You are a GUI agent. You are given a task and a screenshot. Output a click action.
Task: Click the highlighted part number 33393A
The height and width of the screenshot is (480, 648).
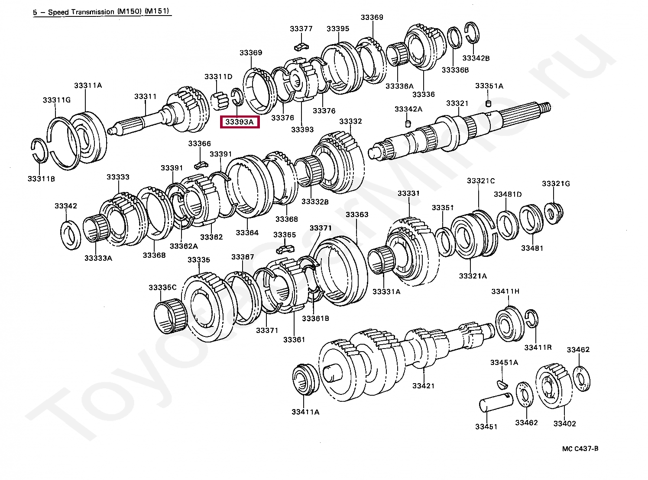240,122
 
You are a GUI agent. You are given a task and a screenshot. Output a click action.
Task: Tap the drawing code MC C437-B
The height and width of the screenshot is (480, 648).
580,448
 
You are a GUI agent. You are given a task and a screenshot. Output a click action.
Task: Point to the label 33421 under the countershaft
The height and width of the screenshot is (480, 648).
423,386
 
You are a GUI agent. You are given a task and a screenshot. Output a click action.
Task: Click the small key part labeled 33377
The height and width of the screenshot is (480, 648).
301,45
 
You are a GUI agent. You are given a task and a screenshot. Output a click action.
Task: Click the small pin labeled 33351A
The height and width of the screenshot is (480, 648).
488,103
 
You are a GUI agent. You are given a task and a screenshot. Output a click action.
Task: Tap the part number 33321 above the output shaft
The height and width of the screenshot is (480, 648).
457,103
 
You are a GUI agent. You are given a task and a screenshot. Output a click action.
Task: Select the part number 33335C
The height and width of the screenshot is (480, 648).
162,288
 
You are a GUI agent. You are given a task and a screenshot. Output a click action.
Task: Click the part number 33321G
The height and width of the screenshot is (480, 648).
556,184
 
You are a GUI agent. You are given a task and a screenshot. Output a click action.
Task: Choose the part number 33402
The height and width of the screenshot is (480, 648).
564,423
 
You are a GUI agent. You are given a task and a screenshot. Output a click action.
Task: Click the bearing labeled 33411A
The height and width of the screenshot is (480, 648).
307,379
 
